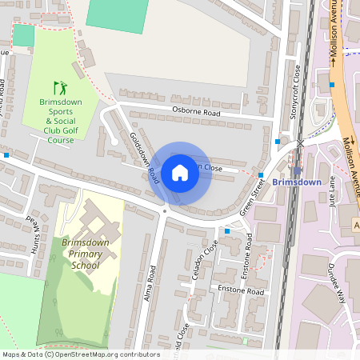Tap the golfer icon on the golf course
59,86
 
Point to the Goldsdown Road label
144,158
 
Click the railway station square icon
298,170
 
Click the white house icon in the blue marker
180,172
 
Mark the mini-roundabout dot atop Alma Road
165,210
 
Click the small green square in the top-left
24,35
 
